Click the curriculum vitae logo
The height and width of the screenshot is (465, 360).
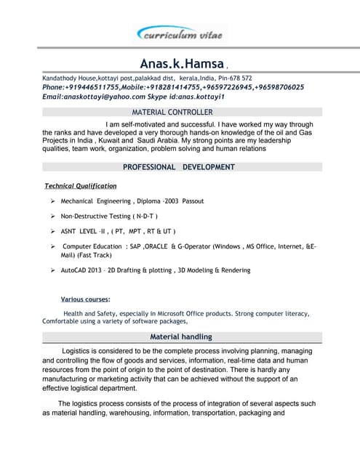(180, 34)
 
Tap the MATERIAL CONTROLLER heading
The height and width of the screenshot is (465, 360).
(172, 113)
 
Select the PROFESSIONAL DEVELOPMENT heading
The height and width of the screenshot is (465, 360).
(178, 167)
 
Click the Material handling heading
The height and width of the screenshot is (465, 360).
(181, 337)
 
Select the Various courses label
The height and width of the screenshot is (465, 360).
(85, 299)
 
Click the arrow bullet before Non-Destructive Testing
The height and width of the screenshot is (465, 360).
(53, 217)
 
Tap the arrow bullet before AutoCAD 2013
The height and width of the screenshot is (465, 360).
(53, 270)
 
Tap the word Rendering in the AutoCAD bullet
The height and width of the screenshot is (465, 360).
(233, 270)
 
